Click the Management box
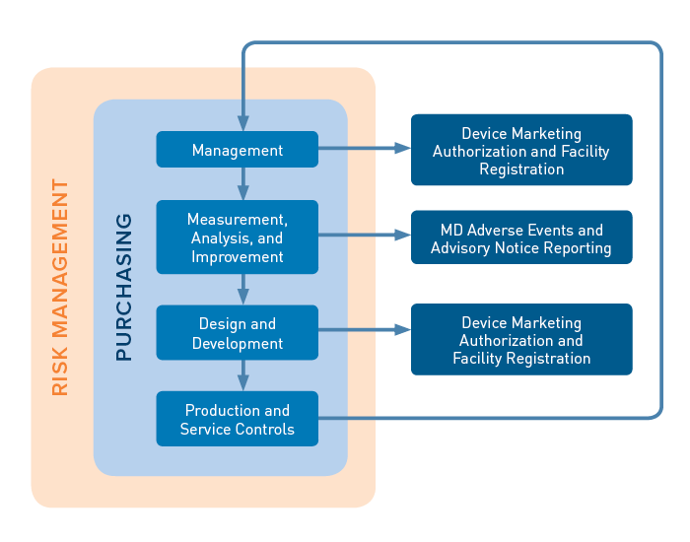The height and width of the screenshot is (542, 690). pyautogui.click(x=237, y=150)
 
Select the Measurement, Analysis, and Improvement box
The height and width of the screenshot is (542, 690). pyautogui.click(x=237, y=237)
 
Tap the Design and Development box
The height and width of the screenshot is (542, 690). pyautogui.click(x=237, y=333)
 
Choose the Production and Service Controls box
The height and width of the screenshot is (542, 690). pyautogui.click(x=237, y=419)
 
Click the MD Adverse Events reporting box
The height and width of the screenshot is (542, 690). pyautogui.click(x=520, y=237)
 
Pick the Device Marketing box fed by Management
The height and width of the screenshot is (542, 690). pyautogui.click(x=520, y=150)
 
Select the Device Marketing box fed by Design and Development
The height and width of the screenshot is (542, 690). pyautogui.click(x=520, y=340)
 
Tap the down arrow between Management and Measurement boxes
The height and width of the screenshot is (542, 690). pyautogui.click(x=242, y=184)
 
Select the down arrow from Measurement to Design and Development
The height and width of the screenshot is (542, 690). pyautogui.click(x=242, y=290)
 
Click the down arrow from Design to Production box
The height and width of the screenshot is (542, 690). pyautogui.click(x=242, y=375)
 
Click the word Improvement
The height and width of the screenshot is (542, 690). pyautogui.click(x=237, y=257)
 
